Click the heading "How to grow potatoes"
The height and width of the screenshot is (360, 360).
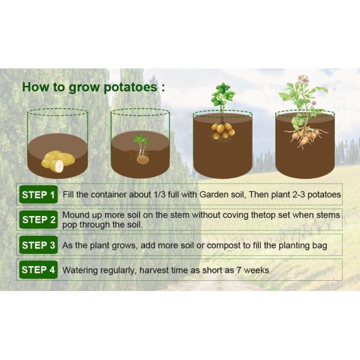coord(93,86)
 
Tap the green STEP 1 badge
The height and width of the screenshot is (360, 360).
coord(38,194)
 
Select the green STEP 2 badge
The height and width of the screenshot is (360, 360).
coord(38,220)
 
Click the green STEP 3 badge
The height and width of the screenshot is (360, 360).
coord(38,245)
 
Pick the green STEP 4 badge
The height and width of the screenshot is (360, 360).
coord(38,270)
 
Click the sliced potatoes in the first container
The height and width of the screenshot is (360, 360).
coord(57,161)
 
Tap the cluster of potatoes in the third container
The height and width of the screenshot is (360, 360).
coord(222,130)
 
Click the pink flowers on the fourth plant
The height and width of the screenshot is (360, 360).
coord(303,79)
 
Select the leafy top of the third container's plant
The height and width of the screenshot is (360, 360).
coord(222,96)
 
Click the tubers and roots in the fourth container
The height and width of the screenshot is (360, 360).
coord(305,135)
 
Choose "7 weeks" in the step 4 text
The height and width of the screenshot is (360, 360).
coord(252,270)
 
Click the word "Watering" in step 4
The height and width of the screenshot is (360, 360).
coord(80,270)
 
